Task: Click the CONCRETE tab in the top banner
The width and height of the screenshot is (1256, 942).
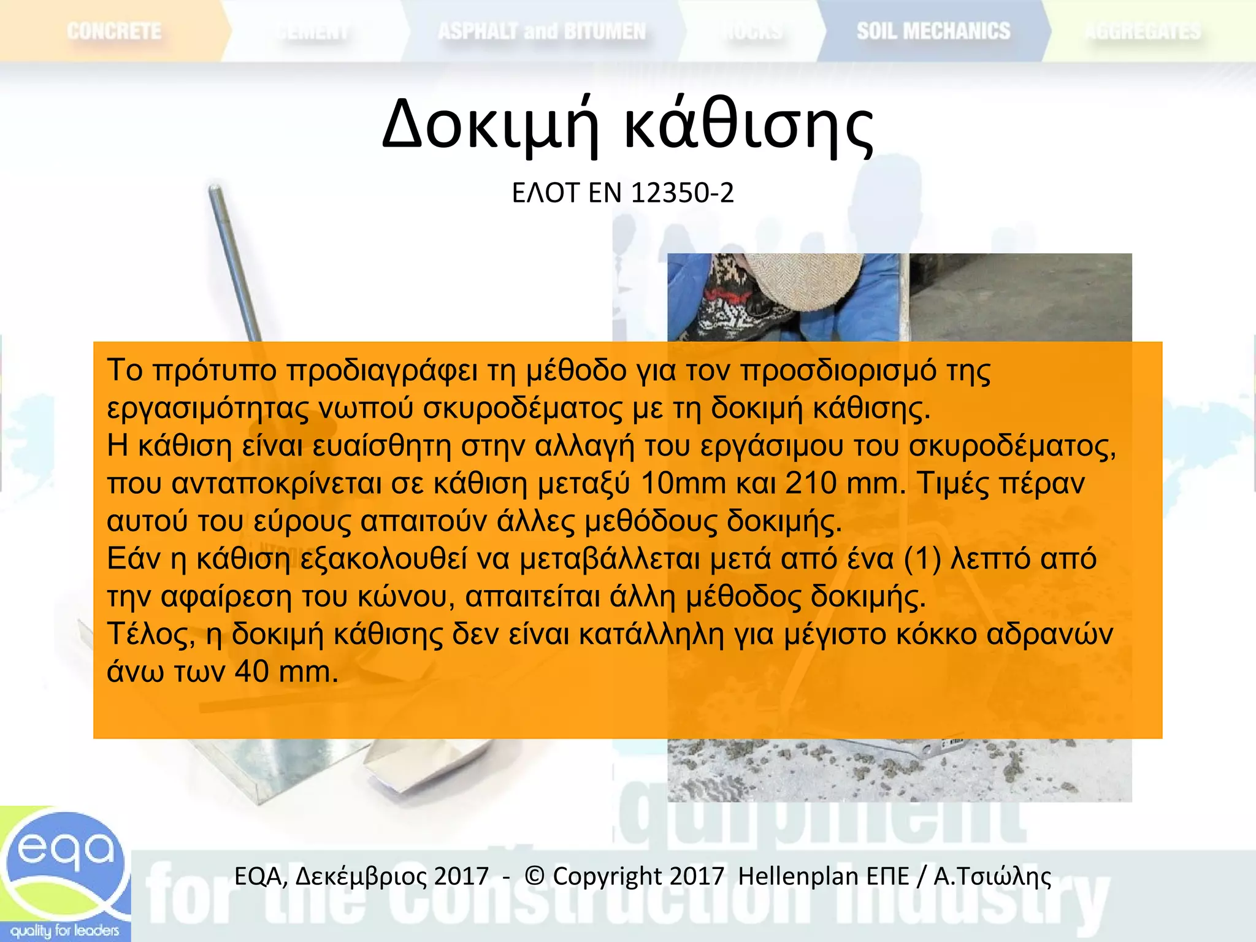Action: [x=114, y=31]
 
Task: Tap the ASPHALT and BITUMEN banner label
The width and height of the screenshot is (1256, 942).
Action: [x=542, y=31]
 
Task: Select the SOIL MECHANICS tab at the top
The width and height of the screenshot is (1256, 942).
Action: [x=933, y=31]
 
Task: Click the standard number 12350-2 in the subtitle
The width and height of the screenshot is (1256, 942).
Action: [x=682, y=193]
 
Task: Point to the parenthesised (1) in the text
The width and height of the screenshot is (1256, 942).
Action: [x=922, y=559]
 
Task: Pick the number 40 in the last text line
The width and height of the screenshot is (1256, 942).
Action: [x=251, y=672]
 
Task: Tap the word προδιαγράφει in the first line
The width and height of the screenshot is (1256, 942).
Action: [x=381, y=371]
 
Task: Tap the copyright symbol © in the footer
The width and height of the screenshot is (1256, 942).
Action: [x=535, y=876]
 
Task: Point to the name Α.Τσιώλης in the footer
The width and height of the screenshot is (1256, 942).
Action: [x=992, y=876]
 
